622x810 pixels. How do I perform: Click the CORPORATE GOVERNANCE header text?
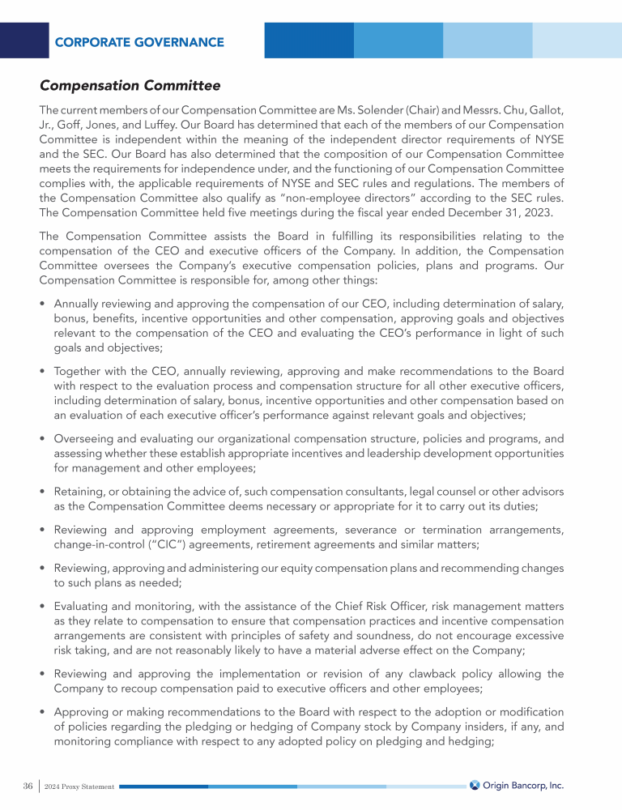point(139,41)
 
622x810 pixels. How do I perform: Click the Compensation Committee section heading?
point(130,85)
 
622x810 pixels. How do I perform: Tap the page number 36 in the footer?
point(28,786)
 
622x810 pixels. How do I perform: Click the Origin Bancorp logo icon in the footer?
point(475,785)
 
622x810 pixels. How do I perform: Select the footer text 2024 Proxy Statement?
point(80,787)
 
